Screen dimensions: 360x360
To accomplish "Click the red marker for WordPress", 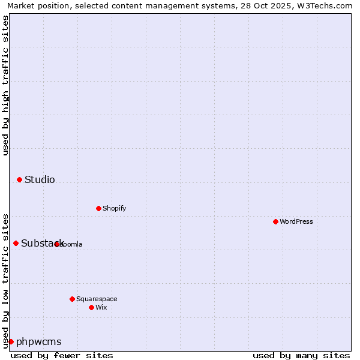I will pyautogui.click(x=275, y=221).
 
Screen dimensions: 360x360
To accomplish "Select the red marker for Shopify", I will pyautogui.click(x=98, y=208).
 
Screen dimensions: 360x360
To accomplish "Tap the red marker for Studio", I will pyautogui.click(x=19, y=179).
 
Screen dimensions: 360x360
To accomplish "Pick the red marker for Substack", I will pyautogui.click(x=16, y=243).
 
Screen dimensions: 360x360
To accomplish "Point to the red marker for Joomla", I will pyautogui.click(x=56, y=244).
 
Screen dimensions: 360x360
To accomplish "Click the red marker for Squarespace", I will pyautogui.click(x=72, y=299).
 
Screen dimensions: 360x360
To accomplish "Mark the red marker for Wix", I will pyautogui.click(x=91, y=307).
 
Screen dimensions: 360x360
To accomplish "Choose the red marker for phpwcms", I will pyautogui.click(x=11, y=341).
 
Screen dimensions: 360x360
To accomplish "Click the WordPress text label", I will pyautogui.click(x=296, y=221).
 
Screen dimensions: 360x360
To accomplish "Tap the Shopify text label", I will pyautogui.click(x=114, y=208).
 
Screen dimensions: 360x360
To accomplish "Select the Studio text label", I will pyautogui.click(x=40, y=179).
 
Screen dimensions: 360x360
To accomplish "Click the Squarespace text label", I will pyautogui.click(x=97, y=299).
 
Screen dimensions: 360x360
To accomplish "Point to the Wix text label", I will pyautogui.click(x=101, y=307).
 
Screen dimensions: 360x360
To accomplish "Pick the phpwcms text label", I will pyautogui.click(x=39, y=341).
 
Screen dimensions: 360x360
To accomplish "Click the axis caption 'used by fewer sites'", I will pyautogui.click(x=62, y=355).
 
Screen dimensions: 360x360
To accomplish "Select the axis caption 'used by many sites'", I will pyautogui.click(x=301, y=355).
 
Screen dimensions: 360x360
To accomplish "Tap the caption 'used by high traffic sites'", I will pyautogui.click(x=5, y=85).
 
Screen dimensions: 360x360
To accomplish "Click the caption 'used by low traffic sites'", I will pyautogui.click(x=5, y=280).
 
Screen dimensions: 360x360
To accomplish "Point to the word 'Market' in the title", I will pyautogui.click(x=20, y=5).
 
